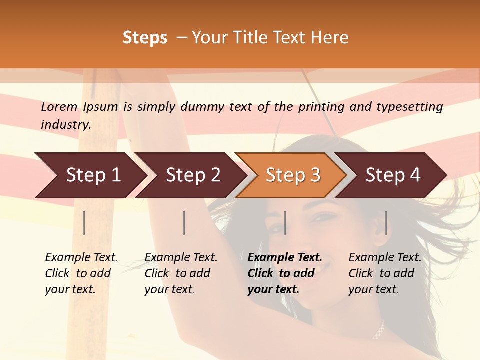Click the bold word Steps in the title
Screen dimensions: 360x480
click(145, 38)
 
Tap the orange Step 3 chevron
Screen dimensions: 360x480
click(292, 175)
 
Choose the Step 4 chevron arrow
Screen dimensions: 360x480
click(392, 175)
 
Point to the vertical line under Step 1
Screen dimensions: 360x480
click(84, 223)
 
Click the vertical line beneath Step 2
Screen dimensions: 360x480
click(184, 223)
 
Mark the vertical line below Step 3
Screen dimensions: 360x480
click(285, 223)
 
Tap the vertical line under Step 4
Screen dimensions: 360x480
click(386, 223)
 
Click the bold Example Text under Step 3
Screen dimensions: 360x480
click(285, 273)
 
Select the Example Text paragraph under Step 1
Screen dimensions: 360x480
click(81, 273)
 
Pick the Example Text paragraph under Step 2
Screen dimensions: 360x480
click(181, 273)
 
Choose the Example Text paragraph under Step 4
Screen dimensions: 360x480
click(385, 273)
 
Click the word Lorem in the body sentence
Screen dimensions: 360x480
click(59, 107)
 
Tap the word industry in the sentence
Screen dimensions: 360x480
click(65, 125)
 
